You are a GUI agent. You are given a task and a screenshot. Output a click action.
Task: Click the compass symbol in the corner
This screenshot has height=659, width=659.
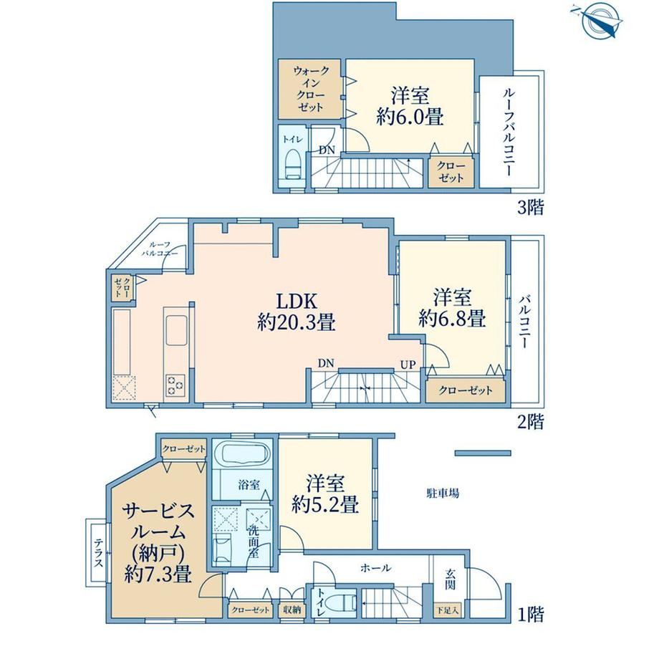(x=598, y=20)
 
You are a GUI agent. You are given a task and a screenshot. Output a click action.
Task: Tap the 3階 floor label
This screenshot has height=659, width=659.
(x=530, y=207)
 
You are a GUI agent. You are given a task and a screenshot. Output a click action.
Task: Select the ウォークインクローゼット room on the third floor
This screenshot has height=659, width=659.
(x=309, y=89)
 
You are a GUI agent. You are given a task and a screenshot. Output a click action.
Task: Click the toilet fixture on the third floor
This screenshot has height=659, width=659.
(x=294, y=165)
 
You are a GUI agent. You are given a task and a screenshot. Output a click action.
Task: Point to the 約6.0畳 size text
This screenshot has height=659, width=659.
(x=410, y=117)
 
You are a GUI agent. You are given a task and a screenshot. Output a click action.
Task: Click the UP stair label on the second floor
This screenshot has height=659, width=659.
(x=408, y=365)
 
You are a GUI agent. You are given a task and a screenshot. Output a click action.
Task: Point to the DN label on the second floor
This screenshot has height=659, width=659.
(x=326, y=363)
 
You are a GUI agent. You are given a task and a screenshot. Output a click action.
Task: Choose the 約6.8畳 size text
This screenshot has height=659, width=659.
(x=452, y=318)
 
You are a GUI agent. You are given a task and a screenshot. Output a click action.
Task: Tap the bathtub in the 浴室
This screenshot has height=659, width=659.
(x=244, y=454)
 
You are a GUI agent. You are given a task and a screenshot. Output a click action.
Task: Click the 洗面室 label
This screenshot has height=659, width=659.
(x=254, y=542)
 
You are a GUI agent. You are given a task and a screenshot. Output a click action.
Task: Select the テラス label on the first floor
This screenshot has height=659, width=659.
(x=98, y=552)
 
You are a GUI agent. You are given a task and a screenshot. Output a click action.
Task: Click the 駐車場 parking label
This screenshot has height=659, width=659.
(x=443, y=493)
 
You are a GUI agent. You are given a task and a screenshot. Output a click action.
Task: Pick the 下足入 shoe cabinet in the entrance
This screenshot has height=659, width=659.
(x=447, y=611)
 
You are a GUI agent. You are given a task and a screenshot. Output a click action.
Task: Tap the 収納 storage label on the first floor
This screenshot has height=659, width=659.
(x=292, y=610)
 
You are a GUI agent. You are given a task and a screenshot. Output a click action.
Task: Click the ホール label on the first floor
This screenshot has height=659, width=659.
(x=376, y=568)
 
